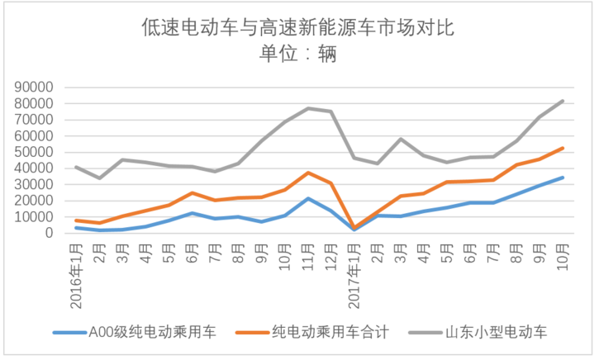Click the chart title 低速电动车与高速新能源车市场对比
299,29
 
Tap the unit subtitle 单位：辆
299,55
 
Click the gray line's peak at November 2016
308,108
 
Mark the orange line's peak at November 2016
308,173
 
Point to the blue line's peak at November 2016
308,198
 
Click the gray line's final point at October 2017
563,101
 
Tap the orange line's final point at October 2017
563,148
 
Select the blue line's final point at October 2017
563,178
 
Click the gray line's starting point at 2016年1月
76,167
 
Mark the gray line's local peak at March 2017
401,139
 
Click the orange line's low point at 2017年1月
354,227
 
